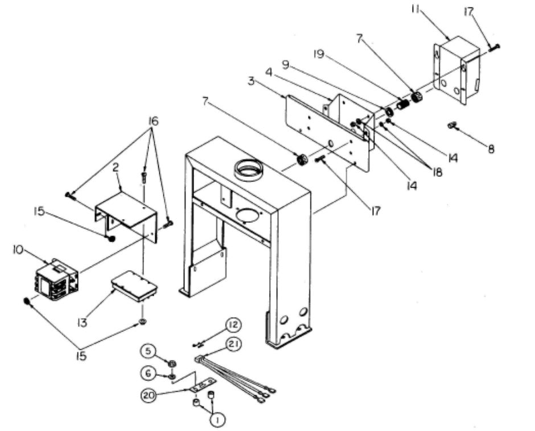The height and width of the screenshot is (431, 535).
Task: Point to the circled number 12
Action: (233, 325)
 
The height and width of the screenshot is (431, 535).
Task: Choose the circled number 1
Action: (217, 420)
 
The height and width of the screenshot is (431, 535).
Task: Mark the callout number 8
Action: (491, 150)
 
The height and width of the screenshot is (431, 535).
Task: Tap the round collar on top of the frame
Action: (248, 170)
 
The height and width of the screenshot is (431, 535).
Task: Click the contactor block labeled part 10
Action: (56, 279)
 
